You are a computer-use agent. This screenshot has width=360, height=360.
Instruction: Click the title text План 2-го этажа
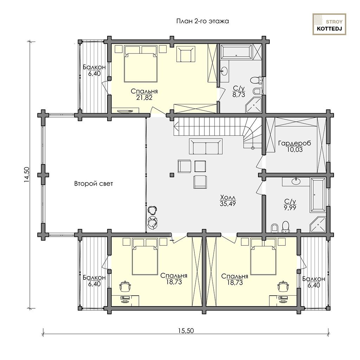(x=202, y=21)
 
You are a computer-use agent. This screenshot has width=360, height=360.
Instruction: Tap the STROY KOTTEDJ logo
(x=329, y=24)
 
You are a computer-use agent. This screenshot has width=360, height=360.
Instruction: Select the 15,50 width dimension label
(x=186, y=330)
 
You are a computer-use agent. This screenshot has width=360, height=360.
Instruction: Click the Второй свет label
(x=94, y=184)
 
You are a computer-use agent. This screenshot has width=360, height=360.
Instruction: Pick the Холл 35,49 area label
(x=228, y=200)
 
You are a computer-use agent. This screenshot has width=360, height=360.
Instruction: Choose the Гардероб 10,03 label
(x=295, y=147)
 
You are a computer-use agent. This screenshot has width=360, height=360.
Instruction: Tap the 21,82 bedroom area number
(x=144, y=98)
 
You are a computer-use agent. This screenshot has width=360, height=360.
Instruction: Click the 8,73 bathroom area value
(x=239, y=95)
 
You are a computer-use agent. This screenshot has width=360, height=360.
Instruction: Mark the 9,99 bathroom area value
(x=290, y=208)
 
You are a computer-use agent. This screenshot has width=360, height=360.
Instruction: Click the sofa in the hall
(x=206, y=147)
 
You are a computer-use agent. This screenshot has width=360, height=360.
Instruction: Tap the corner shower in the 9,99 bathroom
(x=318, y=224)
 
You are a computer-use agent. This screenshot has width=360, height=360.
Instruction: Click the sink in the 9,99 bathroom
(x=296, y=181)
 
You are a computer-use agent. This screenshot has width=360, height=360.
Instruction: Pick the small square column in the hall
(x=172, y=175)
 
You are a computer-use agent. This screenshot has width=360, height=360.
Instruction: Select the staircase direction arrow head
(x=176, y=126)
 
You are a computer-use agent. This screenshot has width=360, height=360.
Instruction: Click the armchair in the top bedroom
(x=186, y=54)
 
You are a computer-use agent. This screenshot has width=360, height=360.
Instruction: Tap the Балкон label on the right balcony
(x=314, y=279)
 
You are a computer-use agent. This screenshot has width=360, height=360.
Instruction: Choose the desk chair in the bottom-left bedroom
(x=126, y=286)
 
